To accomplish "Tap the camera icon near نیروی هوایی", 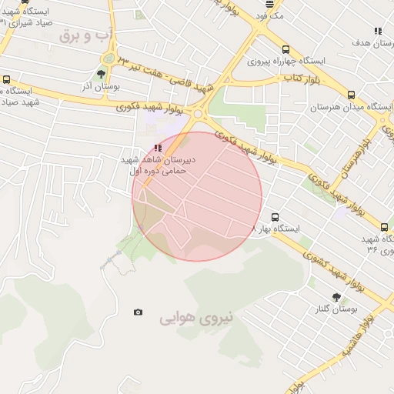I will click(138, 312).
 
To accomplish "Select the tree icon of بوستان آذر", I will click(102, 75).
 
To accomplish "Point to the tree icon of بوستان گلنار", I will click(336, 295).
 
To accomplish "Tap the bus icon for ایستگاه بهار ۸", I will click(276, 217).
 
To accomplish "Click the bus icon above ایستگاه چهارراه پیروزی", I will click(286, 48).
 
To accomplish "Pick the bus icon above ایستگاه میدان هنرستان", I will click(352, 95).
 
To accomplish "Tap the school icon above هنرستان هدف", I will click(377, 31).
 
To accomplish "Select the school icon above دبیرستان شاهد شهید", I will click(158, 147).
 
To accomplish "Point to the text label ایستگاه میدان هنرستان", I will click(359, 107).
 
